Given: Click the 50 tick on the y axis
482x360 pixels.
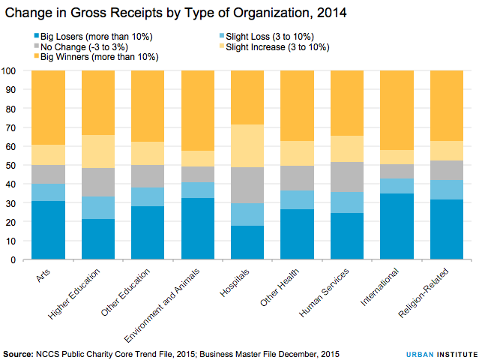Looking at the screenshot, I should [x=11, y=166].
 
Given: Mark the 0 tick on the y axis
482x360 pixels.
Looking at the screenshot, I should [x=13, y=260].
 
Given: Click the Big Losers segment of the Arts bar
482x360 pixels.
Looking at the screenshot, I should [x=48, y=230].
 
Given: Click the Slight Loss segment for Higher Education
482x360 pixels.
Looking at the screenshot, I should [x=98, y=208].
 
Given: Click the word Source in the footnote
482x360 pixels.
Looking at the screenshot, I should [x=19, y=352].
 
